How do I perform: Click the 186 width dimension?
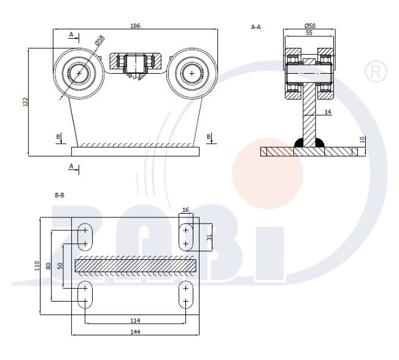(x=135, y=26)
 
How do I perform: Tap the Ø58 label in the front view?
(x=100, y=41)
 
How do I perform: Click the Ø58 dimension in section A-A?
(x=310, y=26)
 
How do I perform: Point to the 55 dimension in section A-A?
(x=310, y=33)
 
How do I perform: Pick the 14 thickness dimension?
(x=327, y=112)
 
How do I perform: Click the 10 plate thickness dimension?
(x=362, y=140)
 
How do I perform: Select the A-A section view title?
(x=256, y=27)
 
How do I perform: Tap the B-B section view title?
(x=60, y=195)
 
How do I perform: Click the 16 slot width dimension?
(x=186, y=210)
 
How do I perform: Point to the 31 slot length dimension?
(x=209, y=237)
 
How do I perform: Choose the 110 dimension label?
(x=37, y=265)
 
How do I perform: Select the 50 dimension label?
(x=60, y=265)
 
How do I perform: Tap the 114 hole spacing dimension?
(x=135, y=319)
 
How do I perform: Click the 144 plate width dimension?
(x=135, y=332)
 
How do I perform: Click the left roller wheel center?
(x=79, y=73)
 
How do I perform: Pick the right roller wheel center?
(x=193, y=73)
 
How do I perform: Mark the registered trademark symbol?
(x=376, y=71)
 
